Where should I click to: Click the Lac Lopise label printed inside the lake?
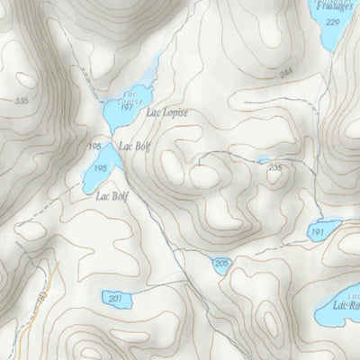tap(126, 96)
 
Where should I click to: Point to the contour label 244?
tap(262, 74)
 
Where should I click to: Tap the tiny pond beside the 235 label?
tap(262, 160)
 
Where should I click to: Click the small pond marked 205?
tap(222, 262)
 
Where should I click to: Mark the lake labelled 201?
tap(114, 299)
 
